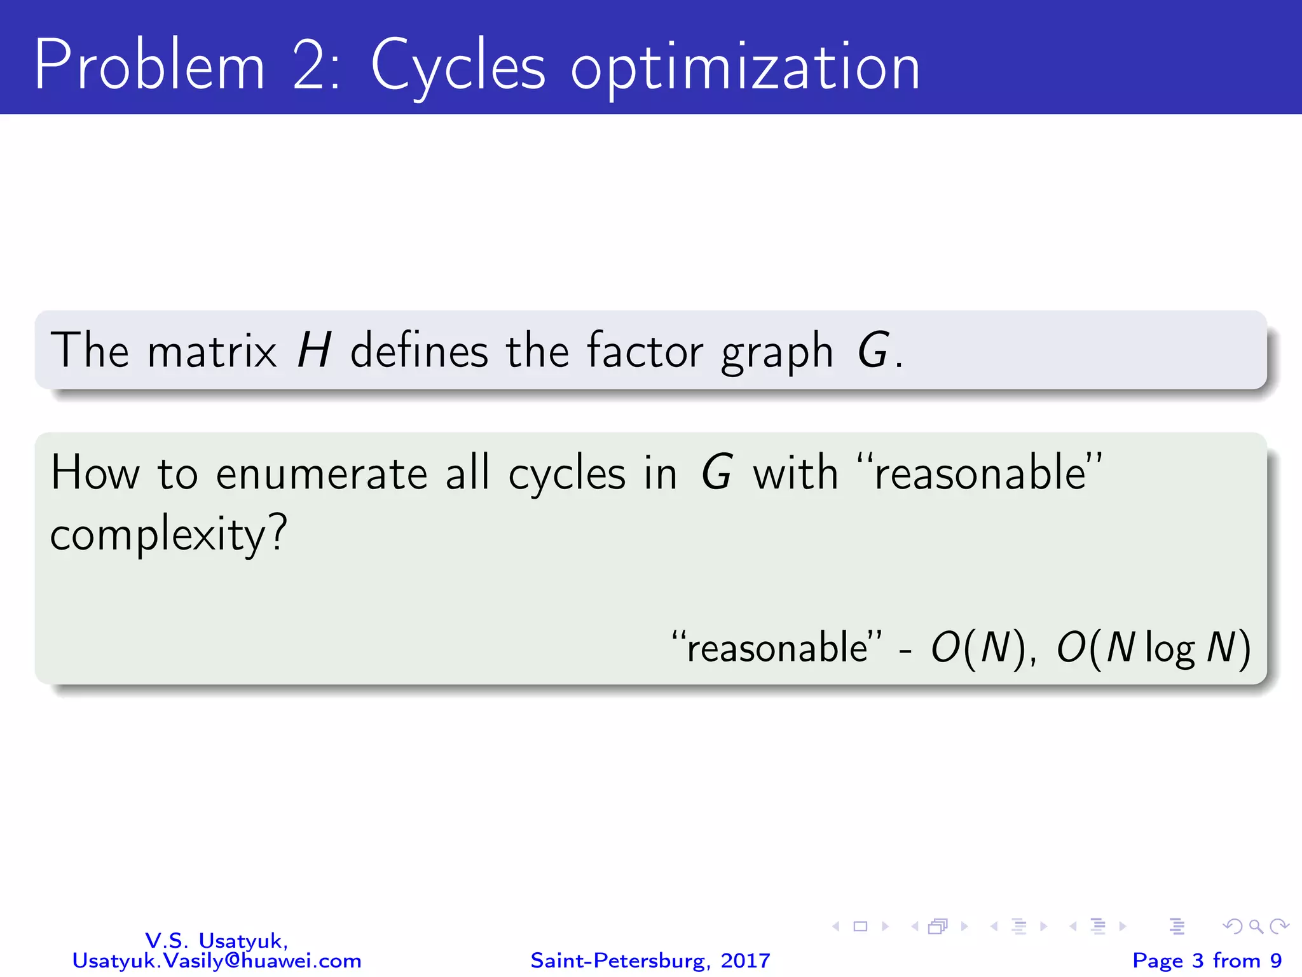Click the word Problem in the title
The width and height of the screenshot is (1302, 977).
[x=149, y=66]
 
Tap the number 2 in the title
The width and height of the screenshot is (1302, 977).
[x=312, y=66]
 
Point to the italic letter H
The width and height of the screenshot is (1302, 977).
[x=314, y=350]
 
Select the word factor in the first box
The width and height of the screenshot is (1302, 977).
[x=645, y=350]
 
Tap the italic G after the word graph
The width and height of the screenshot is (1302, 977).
[x=874, y=350]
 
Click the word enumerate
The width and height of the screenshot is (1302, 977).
[x=322, y=474]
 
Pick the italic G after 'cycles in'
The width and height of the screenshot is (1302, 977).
[x=717, y=474]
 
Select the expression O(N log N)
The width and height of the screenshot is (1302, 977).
[x=1153, y=649]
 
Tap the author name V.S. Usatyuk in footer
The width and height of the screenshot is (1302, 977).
[x=216, y=940]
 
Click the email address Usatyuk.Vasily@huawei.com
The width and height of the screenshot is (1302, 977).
[x=216, y=960]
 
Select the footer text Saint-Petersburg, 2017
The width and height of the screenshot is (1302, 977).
[x=650, y=960]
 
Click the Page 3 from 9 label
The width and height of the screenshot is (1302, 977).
[x=1207, y=960]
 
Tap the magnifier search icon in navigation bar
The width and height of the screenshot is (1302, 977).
[x=1256, y=927]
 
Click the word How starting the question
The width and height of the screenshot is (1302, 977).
[x=95, y=474]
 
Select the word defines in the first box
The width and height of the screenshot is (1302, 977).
[x=418, y=350]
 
